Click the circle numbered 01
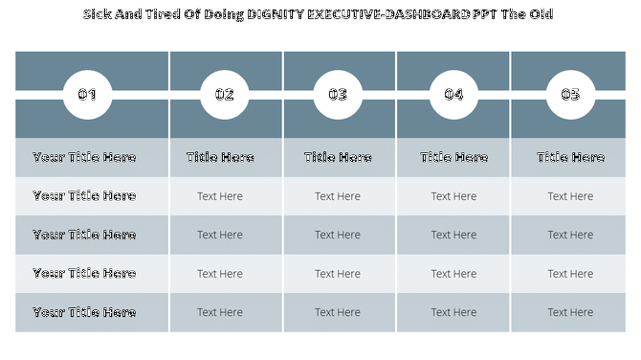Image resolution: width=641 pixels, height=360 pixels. [87, 95]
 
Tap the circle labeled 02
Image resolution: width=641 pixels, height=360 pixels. [224, 95]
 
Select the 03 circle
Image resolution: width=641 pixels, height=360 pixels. [338, 95]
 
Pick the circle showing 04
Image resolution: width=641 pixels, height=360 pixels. [453, 95]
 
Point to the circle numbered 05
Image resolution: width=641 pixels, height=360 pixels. [570, 95]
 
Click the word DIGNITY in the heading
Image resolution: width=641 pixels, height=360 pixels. [276, 14]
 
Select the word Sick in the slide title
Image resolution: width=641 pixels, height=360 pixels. [99, 14]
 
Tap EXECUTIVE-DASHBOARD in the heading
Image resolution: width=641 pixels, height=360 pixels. [389, 14]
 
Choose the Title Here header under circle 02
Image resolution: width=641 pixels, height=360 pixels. [220, 158]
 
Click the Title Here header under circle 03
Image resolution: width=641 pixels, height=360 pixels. [338, 158]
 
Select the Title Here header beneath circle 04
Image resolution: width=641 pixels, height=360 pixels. [453, 158]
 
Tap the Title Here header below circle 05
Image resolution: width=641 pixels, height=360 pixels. [570, 158]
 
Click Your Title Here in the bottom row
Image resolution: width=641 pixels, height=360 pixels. [84, 312]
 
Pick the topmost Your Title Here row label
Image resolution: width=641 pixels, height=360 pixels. [84, 158]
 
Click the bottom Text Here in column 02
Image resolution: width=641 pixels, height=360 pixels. [220, 312]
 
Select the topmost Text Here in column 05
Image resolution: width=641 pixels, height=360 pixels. [570, 196]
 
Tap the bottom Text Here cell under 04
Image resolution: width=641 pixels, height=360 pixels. [453, 312]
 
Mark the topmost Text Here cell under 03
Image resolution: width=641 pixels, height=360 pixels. [338, 196]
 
